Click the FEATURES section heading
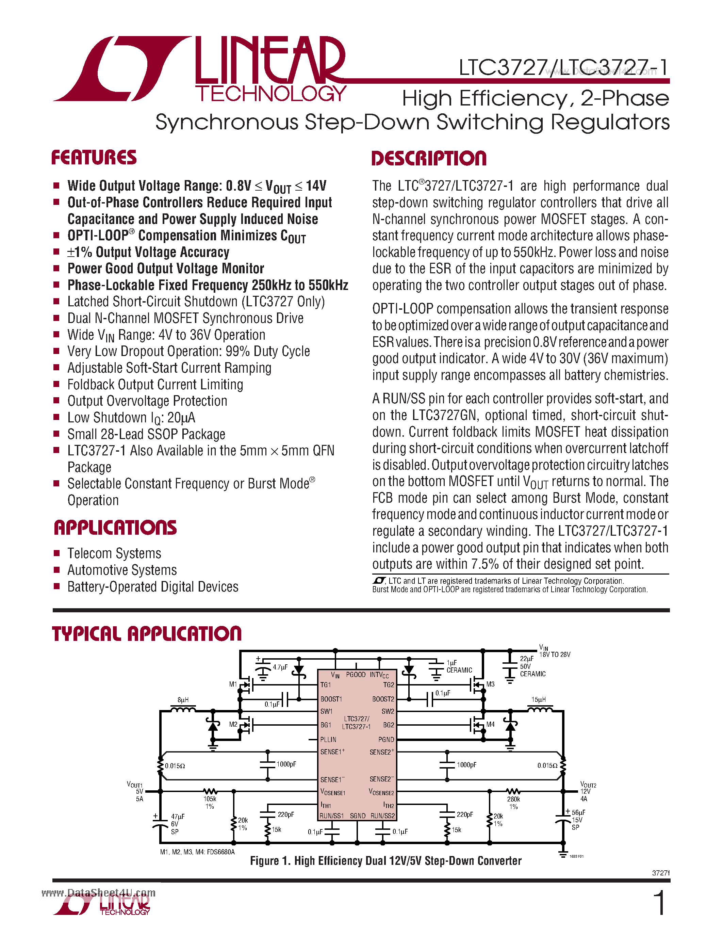[94, 157]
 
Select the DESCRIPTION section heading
[429, 158]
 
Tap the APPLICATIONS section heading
[115, 528]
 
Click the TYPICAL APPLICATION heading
[147, 634]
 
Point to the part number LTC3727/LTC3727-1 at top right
[563, 67]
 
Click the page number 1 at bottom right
[660, 903]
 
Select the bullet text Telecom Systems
[114, 553]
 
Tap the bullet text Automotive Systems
[122, 570]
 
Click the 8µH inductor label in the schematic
[183, 700]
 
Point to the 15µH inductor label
[538, 699]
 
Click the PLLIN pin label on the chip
[328, 739]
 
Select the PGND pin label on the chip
[386, 739]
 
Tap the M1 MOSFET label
[233, 684]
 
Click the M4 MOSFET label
[490, 724]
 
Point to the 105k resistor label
[210, 799]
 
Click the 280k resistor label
[513, 799]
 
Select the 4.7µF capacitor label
[280, 667]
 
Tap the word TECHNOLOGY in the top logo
[270, 93]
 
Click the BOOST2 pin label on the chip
[383, 699]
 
